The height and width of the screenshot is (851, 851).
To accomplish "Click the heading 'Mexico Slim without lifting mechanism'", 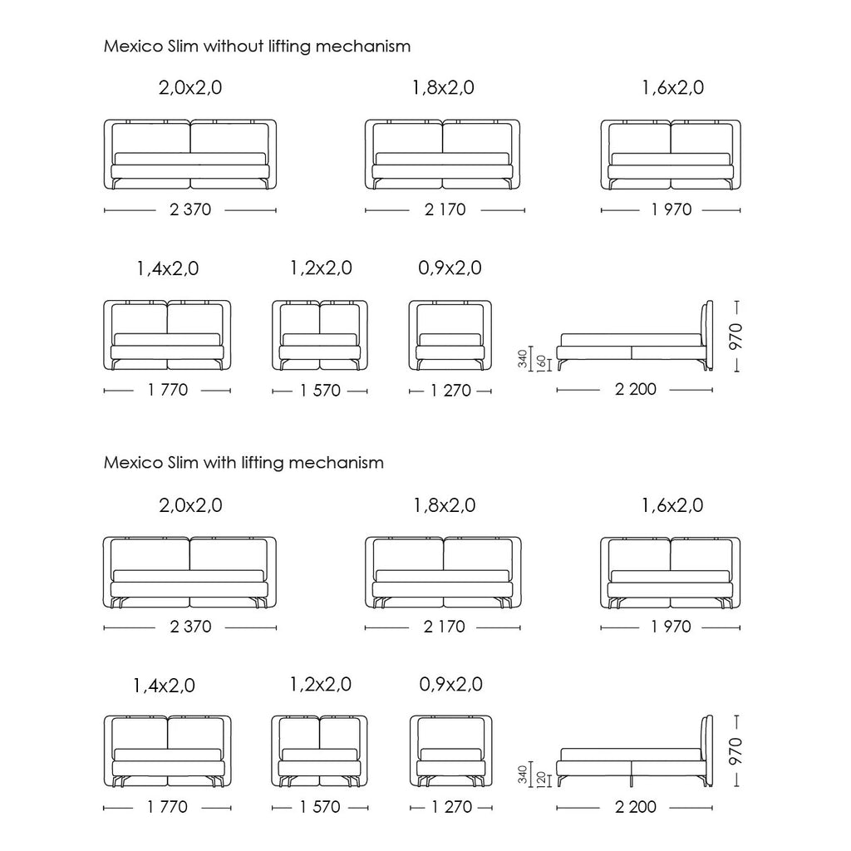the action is pos(257,47).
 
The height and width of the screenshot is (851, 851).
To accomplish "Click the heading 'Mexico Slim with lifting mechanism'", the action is pos(243,462).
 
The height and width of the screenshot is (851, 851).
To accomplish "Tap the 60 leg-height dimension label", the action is pos(541,362).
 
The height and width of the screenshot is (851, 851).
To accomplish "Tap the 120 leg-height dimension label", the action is pos(541,779).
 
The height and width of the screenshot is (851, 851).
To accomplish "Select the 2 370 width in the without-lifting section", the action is pos(190,209).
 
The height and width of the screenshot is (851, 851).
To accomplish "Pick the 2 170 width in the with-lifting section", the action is pos(444,627).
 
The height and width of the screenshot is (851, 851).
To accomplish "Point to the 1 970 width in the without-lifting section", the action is pos(671,209).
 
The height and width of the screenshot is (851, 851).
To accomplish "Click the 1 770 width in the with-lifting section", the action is pos(167,807).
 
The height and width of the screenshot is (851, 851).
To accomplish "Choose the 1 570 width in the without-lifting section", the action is pos(320,391).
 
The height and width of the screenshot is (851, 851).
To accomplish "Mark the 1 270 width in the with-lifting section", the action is pos(451,807).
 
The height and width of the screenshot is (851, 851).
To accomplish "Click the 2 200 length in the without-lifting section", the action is pos(636,389).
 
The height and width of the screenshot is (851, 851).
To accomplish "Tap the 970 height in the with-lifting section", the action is pos(736,751).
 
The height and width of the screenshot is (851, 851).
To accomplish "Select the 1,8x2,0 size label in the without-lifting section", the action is pos(444,87).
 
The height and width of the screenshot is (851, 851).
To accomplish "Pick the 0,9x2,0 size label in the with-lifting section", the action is pos(450,685).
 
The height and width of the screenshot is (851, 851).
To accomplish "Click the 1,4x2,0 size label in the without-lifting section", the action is pos(167,268).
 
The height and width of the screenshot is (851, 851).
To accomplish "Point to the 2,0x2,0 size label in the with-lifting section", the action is pos(190,505).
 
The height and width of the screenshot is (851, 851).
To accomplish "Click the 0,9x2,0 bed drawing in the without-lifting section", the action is pos(450,336).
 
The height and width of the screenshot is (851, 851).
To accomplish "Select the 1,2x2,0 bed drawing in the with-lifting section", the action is pos(320,751).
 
